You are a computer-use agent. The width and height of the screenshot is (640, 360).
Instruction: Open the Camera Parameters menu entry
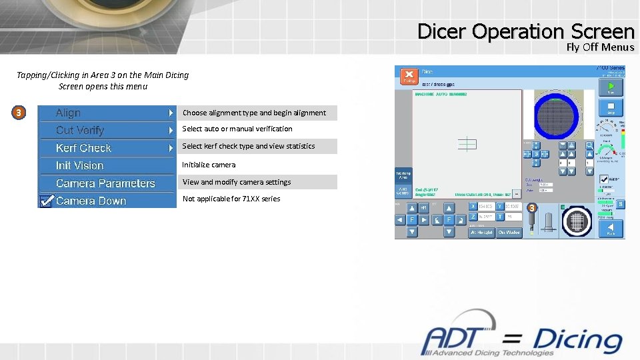105,183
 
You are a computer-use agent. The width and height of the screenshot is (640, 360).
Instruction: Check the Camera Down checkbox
46,201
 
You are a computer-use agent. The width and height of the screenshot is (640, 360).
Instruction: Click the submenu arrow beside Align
171,113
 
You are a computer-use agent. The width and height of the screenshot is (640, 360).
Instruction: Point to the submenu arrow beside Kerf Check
171,148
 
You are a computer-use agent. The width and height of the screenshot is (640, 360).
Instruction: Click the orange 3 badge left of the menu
19,113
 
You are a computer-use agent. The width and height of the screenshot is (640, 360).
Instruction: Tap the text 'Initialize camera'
209,165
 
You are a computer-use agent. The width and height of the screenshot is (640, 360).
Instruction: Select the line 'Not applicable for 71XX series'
231,199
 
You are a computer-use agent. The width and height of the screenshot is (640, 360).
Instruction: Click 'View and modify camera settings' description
237,182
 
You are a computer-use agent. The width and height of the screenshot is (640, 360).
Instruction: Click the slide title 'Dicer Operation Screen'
525,31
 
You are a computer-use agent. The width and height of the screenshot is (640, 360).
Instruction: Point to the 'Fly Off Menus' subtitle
600,47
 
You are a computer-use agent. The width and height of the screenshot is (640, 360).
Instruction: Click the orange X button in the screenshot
409,76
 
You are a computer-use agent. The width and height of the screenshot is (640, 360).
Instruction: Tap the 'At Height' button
481,232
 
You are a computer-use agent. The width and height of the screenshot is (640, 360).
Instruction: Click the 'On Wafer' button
509,232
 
